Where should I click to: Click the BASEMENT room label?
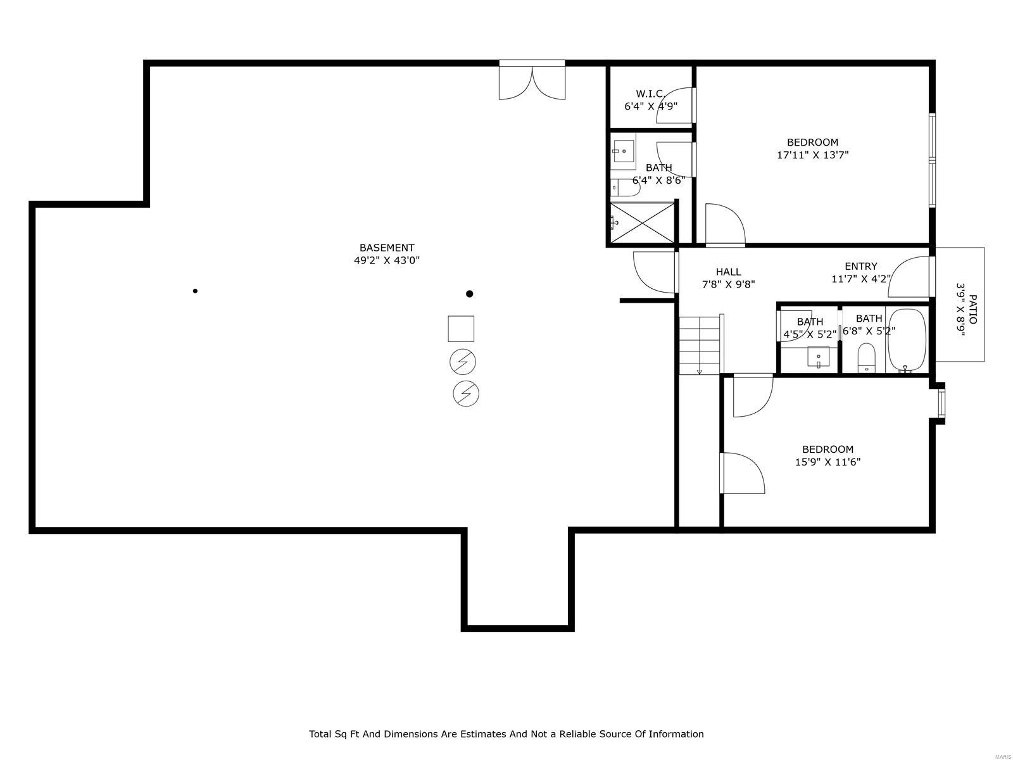tap(386, 248)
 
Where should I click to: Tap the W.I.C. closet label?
tap(650, 94)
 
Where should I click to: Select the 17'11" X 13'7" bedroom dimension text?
tap(812, 155)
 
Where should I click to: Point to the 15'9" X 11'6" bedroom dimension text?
tap(827, 462)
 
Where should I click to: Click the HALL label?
tap(728, 272)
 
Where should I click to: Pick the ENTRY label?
tap(860, 266)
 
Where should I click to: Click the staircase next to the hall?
tap(700, 345)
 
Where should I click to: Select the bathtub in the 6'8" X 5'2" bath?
tap(907, 341)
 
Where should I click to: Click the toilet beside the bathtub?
tap(865, 358)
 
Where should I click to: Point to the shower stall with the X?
tap(642, 222)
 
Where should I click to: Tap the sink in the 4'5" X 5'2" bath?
tap(818, 357)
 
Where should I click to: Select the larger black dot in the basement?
tap(469, 294)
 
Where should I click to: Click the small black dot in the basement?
tap(195, 291)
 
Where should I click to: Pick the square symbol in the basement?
tap(461, 329)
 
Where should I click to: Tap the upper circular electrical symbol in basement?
tap(463, 362)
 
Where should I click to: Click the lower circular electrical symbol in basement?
tap(466, 394)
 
